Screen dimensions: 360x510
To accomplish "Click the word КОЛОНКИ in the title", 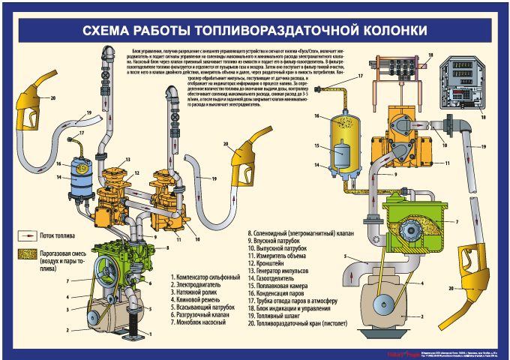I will click(x=383, y=30).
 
